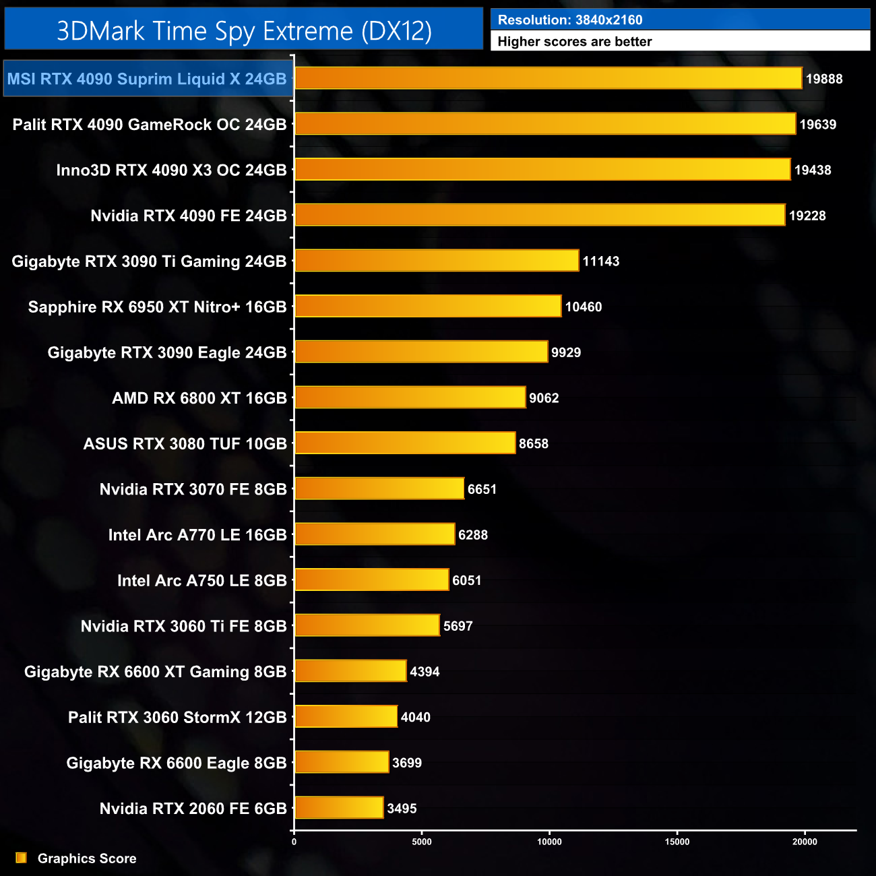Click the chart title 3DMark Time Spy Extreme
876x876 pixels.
[244, 31]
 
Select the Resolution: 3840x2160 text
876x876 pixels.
[569, 20]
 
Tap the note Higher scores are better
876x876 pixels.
[574, 42]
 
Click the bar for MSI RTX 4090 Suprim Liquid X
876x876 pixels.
[548, 78]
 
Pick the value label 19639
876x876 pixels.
[817, 125]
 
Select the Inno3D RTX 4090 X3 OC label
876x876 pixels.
[171, 170]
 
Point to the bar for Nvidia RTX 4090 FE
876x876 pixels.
[539, 215]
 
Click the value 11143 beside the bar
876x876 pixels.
[600, 261]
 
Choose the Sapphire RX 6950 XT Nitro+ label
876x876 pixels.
[157, 307]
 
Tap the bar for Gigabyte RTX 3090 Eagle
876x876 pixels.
[421, 352]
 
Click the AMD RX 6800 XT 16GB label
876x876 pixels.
[199, 398]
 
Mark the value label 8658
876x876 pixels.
[533, 443]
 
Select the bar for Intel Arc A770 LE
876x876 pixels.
[375, 534]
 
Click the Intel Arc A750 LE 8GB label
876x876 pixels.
[201, 580]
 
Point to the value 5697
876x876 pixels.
[458, 626]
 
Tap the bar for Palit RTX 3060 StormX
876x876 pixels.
[346, 716]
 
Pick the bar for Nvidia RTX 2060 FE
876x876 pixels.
[339, 807]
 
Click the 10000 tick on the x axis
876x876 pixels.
[549, 842]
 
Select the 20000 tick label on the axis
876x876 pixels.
[804, 842]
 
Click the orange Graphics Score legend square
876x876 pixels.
[21, 858]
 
